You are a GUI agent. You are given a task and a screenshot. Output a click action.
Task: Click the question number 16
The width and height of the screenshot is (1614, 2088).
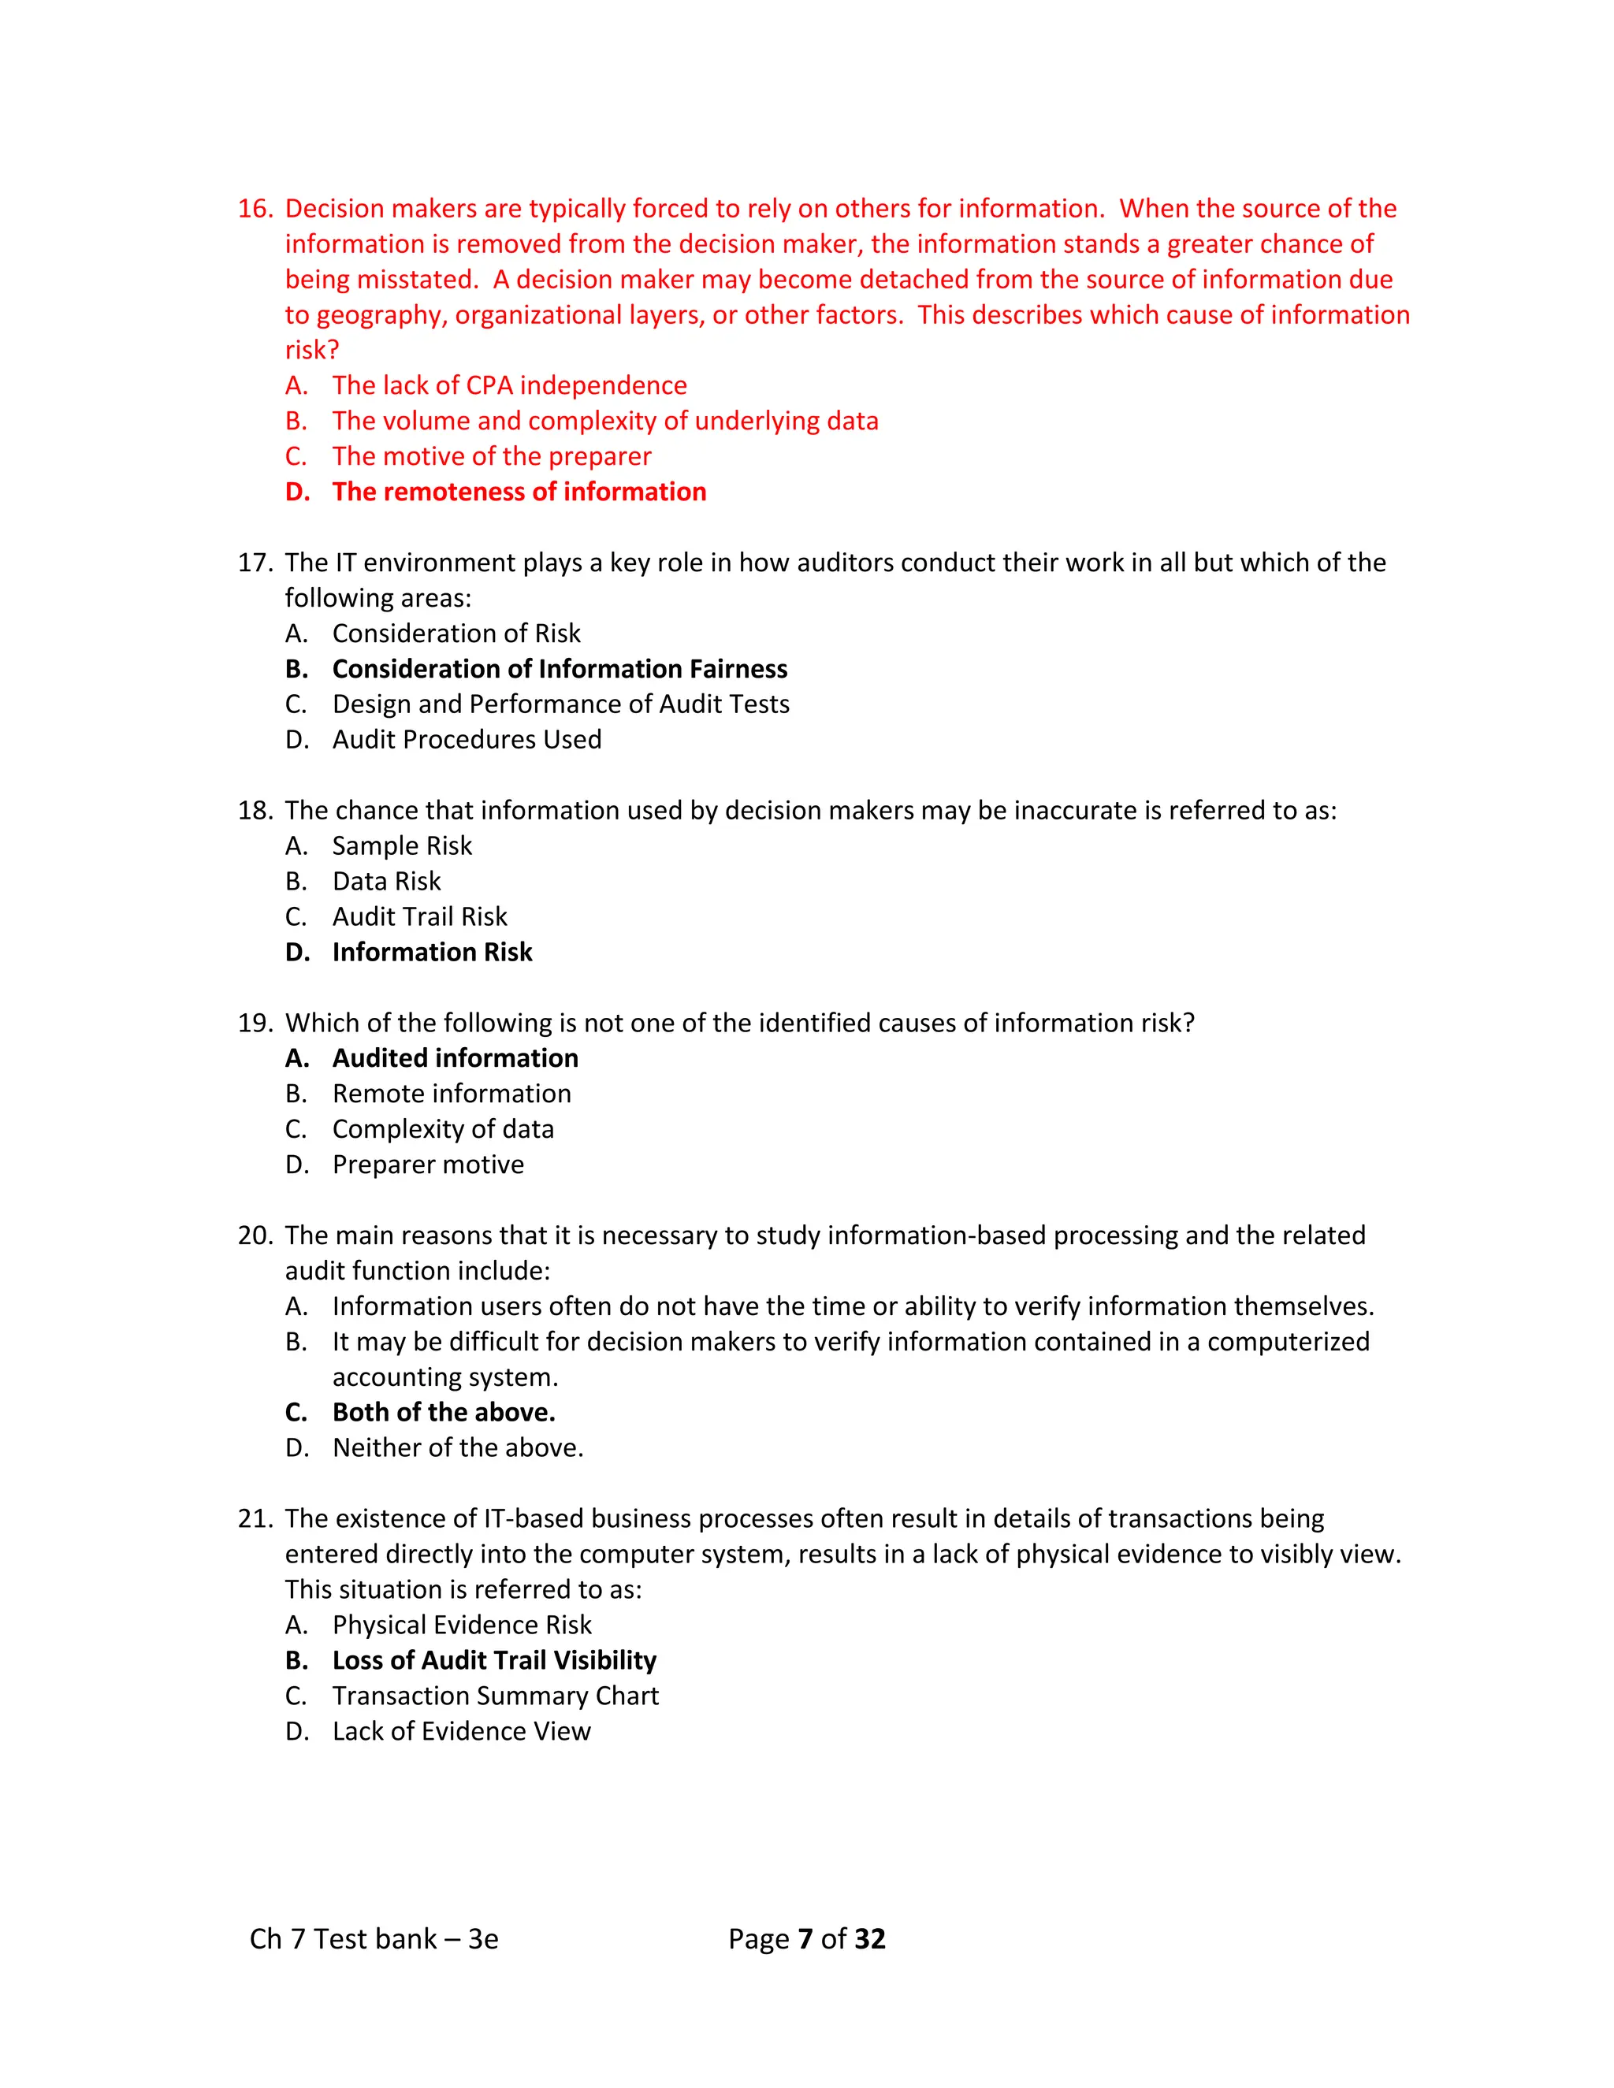pos(255,209)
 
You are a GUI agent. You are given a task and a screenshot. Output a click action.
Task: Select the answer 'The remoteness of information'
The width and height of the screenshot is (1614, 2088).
pos(519,492)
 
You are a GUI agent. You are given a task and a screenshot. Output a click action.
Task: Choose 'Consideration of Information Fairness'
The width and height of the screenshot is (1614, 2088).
pos(560,668)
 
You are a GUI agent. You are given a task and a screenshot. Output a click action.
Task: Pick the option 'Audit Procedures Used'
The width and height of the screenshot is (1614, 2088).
pos(467,739)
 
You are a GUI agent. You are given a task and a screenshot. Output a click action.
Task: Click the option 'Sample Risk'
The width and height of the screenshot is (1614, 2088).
pos(402,845)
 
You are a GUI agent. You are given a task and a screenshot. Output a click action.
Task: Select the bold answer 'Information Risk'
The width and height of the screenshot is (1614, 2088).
pos(432,953)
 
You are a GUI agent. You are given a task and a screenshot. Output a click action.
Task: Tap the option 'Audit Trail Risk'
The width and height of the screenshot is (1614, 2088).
pos(420,917)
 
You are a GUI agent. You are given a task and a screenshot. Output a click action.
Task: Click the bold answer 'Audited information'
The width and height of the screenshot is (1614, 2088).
pos(456,1058)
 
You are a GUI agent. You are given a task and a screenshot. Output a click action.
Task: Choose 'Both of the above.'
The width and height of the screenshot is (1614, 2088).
pos(444,1412)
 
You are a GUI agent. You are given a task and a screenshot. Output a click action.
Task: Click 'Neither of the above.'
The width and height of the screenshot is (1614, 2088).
pos(457,1447)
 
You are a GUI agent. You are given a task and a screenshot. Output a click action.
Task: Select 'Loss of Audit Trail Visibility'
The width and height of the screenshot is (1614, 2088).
pos(494,1661)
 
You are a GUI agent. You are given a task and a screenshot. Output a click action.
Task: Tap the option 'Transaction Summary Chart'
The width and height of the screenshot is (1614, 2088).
pos(495,1696)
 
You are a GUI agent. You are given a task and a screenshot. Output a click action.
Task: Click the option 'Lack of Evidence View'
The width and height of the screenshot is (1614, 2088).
pos(461,1731)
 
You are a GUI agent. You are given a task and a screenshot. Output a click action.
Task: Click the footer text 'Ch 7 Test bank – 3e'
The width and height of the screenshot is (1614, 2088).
pos(374,1939)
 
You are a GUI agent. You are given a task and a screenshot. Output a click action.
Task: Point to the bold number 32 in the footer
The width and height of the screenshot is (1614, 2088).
pos(869,1939)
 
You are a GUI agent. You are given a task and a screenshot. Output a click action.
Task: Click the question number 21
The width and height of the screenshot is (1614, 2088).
pos(255,1519)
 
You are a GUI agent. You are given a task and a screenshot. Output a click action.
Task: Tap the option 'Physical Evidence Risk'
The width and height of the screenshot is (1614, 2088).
pos(462,1625)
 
